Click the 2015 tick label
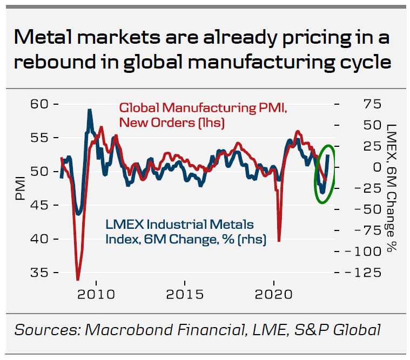coord(185,295)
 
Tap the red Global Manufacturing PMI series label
coord(203,115)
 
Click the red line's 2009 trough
coord(78,279)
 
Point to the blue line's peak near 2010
coord(90,111)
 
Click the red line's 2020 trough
coord(279,240)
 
